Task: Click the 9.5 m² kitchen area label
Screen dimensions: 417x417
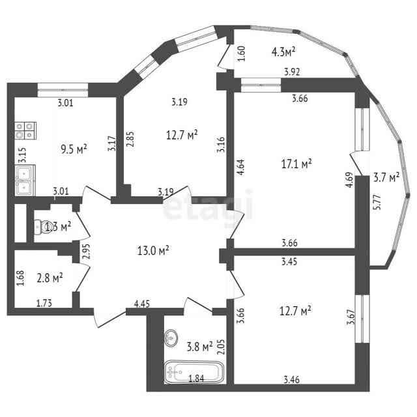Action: [x=74, y=149]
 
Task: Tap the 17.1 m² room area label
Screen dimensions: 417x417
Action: [x=296, y=164]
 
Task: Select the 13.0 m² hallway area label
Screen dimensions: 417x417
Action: [x=153, y=250]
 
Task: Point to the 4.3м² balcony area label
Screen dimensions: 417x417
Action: [x=283, y=51]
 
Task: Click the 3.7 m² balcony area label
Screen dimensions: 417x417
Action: [x=386, y=177]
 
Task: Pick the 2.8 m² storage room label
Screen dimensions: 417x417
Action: [x=50, y=278]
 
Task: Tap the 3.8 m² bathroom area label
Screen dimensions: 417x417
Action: [x=200, y=347]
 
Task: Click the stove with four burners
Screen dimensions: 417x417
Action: [x=25, y=130]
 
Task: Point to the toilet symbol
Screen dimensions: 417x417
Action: [x=42, y=227]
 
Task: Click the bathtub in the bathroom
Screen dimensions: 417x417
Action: [x=194, y=371]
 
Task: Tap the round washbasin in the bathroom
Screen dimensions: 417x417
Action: [x=171, y=338]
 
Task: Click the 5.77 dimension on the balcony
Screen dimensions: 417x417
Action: [x=378, y=203]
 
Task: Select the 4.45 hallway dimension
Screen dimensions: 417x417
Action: [x=142, y=304]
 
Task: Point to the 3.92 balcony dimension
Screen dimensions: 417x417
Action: [x=292, y=72]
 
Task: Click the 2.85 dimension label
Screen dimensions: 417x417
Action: [x=130, y=139]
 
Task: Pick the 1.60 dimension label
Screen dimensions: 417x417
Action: [x=242, y=53]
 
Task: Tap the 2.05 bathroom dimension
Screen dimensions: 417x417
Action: [x=221, y=347]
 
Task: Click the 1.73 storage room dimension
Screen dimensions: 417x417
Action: [x=44, y=303]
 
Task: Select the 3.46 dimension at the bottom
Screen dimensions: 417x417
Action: [x=291, y=379]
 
